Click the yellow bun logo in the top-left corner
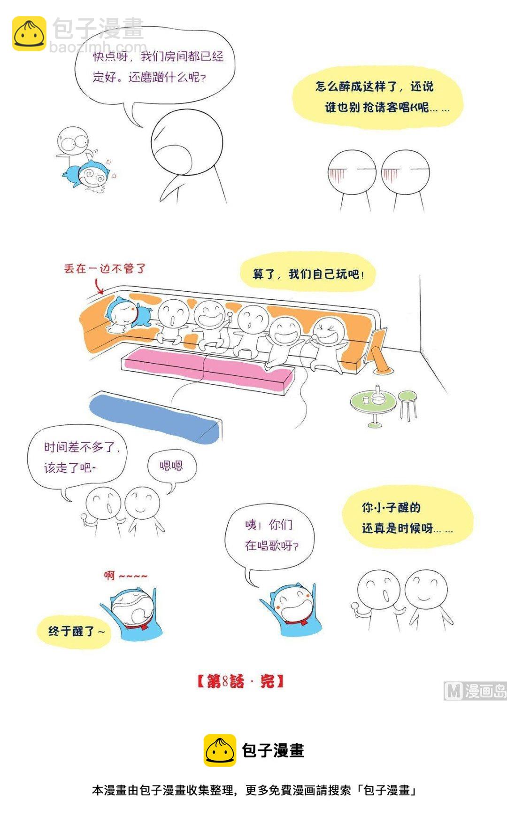click(29, 33)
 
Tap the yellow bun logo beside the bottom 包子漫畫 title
click(220, 750)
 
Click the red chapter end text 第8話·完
click(240, 681)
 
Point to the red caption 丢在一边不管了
click(105, 269)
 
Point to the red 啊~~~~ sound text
click(125, 575)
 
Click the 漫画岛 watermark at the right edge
click(475, 691)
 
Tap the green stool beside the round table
click(407, 404)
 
